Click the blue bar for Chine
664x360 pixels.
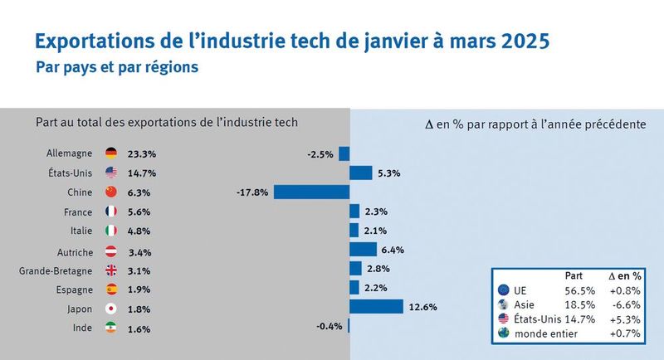point(312,192)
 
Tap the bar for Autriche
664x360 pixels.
point(363,249)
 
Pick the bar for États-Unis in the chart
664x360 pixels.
point(361,173)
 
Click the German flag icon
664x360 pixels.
point(111,153)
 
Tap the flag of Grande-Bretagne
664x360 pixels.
point(111,270)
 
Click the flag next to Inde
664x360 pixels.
point(111,328)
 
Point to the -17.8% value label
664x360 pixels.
point(252,192)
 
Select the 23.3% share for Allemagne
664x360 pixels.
point(142,154)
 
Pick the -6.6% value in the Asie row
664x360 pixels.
point(625,306)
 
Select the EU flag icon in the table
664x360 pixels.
point(503,291)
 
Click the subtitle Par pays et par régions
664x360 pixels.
point(117,67)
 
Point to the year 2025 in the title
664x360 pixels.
point(518,40)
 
